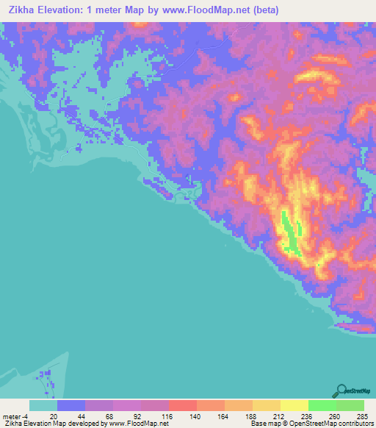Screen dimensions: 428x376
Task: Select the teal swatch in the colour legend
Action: (43, 405)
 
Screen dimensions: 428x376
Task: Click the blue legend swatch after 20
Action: (71, 405)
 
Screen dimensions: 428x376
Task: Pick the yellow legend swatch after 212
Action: (294, 405)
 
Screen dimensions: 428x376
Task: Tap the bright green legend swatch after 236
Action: (322, 405)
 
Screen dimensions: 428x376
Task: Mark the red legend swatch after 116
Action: (183, 405)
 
